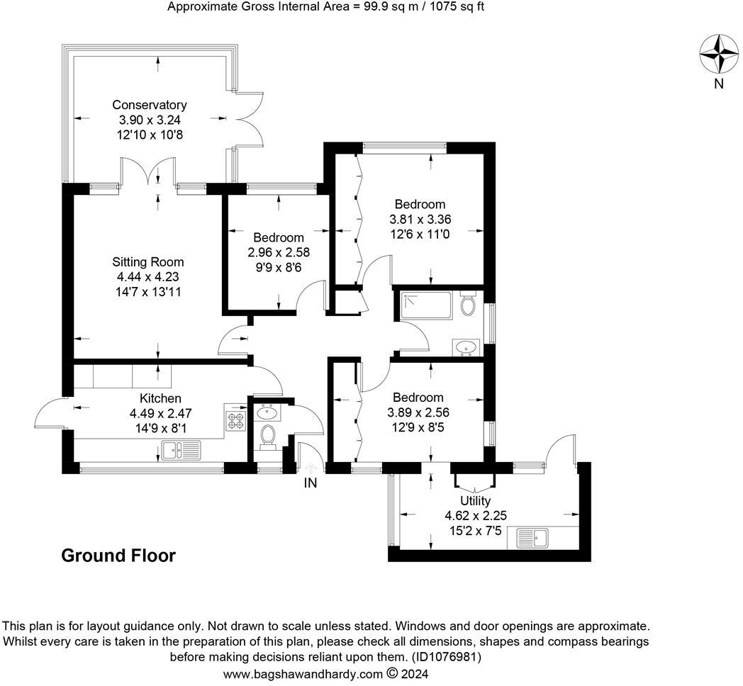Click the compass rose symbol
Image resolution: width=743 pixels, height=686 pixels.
click(720, 54)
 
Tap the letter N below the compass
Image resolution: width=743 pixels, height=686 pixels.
click(719, 84)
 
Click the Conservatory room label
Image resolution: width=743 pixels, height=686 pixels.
click(150, 105)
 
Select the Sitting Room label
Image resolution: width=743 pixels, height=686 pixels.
click(148, 262)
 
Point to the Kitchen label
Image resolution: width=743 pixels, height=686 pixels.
click(160, 398)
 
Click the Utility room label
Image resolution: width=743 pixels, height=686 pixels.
click(475, 501)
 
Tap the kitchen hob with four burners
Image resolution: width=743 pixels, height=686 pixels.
click(235, 417)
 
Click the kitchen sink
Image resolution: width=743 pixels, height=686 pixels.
click(181, 450)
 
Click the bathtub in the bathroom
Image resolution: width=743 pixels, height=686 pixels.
click(427, 305)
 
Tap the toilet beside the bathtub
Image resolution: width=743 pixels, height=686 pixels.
click(468, 304)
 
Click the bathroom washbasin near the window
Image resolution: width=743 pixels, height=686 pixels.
click(467, 347)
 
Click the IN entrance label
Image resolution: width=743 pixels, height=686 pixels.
click(311, 483)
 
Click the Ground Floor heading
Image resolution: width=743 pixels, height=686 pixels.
click(118, 555)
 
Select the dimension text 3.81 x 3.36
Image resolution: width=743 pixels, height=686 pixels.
click(420, 220)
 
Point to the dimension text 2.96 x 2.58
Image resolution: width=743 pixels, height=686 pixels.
click(279, 252)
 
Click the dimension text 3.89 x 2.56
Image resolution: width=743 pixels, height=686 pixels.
click(418, 412)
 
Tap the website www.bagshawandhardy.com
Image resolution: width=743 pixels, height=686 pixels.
click(303, 674)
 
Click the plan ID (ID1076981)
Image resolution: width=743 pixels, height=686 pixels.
click(446, 657)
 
